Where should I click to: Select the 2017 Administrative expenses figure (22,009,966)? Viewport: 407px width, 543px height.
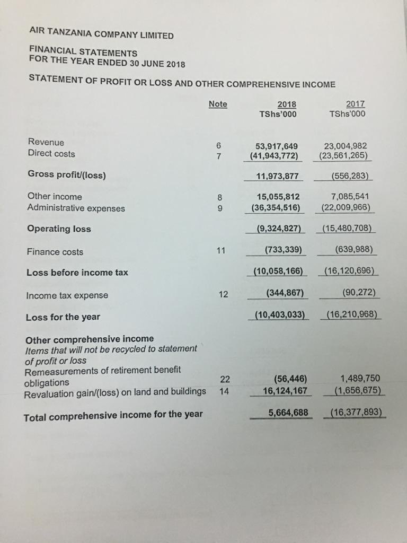(x=346, y=207)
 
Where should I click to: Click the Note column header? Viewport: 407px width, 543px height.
(x=218, y=104)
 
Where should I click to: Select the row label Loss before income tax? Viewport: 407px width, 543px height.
(x=77, y=273)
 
